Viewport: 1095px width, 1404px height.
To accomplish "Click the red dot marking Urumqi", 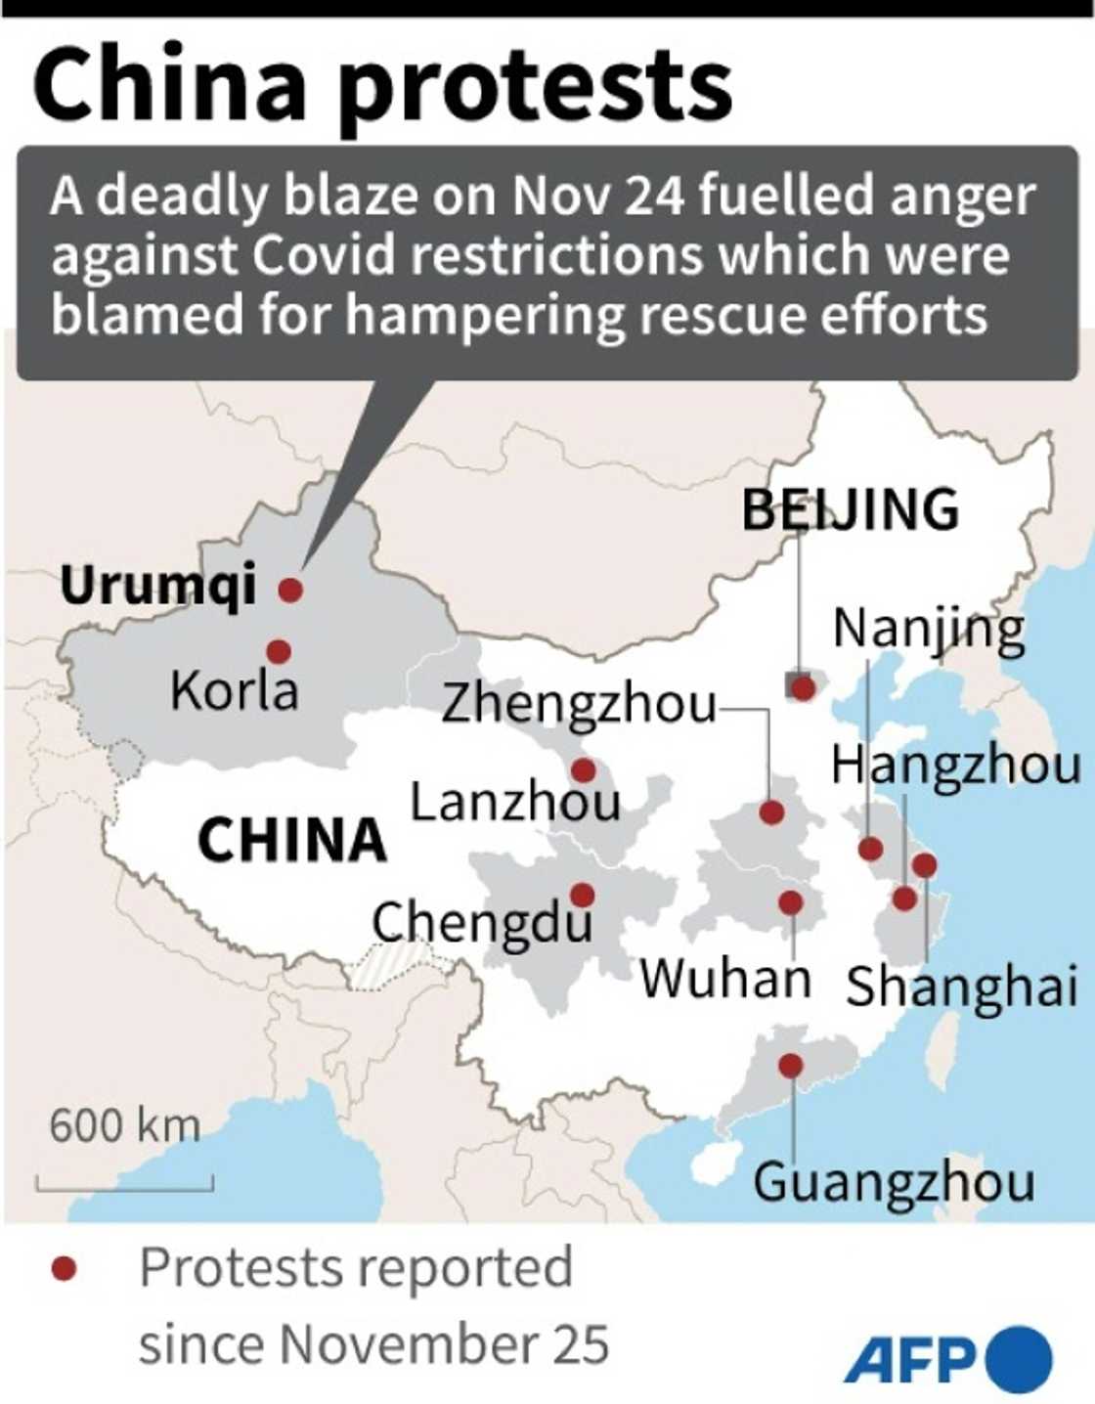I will [290, 590].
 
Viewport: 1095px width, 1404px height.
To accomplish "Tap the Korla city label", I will [234, 690].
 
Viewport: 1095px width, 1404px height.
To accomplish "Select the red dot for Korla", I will [279, 651].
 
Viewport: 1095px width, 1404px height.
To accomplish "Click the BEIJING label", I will [850, 509].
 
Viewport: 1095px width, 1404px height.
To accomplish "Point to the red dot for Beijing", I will [803, 688].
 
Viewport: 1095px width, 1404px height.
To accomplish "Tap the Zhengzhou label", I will [579, 704].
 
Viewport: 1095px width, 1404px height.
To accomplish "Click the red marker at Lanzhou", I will [584, 770].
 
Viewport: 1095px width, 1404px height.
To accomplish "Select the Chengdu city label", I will [482, 921].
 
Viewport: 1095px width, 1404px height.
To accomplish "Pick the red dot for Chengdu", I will [583, 895].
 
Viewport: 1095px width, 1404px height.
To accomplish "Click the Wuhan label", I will [725, 977].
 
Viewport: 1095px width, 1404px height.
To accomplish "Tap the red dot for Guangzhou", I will [791, 1066].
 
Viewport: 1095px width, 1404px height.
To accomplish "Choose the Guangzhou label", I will [894, 1181].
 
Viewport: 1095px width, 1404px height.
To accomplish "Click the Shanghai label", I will [961, 986].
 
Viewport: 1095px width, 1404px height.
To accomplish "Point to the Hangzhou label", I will [955, 765].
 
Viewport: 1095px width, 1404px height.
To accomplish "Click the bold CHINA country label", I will [292, 839].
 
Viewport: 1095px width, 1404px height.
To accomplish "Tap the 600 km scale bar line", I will [125, 1189].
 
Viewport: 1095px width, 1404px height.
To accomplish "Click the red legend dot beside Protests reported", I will [65, 1269].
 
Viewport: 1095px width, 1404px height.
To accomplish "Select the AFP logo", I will [946, 1359].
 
